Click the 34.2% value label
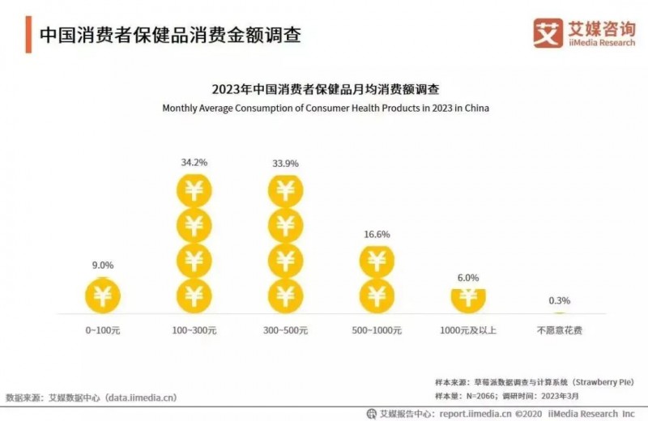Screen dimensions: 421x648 click(x=194, y=162)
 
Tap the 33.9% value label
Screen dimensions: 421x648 click(x=285, y=162)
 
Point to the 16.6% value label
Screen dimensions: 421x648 click(x=377, y=235)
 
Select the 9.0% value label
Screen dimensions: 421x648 click(x=102, y=264)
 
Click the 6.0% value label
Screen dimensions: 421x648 click(x=468, y=276)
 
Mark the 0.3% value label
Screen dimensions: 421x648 click(x=560, y=300)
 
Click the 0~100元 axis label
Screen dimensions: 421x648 click(x=102, y=331)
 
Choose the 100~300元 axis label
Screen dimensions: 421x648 click(x=194, y=331)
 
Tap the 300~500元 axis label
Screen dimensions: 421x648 click(x=285, y=331)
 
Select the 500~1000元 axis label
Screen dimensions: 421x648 click(x=377, y=331)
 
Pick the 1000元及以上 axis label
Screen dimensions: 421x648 click(x=468, y=331)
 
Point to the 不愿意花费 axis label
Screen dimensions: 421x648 click(x=560, y=331)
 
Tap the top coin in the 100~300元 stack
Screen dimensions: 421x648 click(x=194, y=191)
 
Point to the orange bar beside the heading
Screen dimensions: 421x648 click(x=28, y=35)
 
